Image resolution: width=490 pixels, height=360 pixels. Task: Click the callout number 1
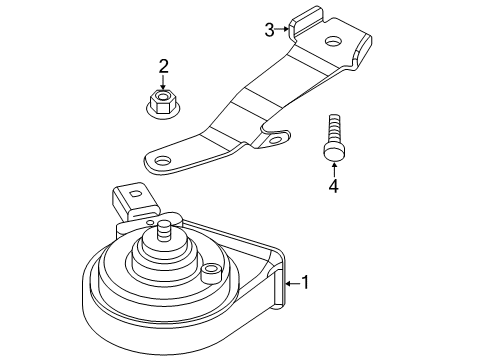(305, 282)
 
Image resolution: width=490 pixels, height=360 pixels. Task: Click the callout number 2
(163, 66)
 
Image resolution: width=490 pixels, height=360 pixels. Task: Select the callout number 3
(269, 30)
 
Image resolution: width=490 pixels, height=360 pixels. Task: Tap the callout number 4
(333, 186)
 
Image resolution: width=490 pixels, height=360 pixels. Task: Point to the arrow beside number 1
(292, 284)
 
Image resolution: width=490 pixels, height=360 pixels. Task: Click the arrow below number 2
(163, 82)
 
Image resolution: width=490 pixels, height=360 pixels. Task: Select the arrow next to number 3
(282, 29)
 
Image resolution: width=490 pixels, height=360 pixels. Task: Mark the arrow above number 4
(334, 169)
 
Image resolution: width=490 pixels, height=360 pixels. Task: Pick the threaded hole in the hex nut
(163, 97)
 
